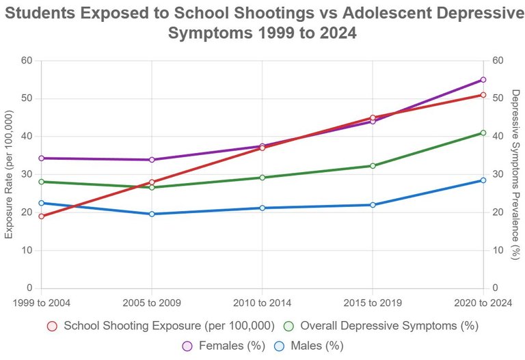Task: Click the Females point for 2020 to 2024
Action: (x=483, y=80)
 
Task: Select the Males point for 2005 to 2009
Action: (x=152, y=214)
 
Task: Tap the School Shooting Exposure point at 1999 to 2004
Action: (x=41, y=216)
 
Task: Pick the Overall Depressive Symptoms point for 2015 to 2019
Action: (x=373, y=166)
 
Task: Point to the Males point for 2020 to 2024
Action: (x=483, y=180)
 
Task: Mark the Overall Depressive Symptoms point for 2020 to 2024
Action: (x=483, y=133)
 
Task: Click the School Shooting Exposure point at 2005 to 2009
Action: (x=152, y=182)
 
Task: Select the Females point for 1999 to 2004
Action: (x=41, y=158)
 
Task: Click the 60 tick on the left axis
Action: (x=27, y=61)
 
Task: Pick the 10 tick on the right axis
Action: (x=498, y=250)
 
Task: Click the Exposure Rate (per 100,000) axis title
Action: (x=9, y=174)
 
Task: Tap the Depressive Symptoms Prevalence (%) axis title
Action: (x=516, y=174)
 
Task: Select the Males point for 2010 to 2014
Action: (x=262, y=208)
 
